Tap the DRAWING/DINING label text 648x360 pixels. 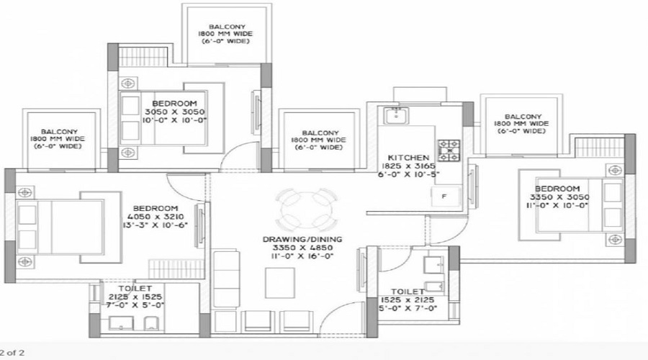[302, 239]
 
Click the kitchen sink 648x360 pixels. [396, 115]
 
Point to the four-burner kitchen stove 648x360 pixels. [449, 150]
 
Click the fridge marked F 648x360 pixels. [446, 197]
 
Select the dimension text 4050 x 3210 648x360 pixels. [156, 217]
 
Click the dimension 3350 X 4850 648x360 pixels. [303, 248]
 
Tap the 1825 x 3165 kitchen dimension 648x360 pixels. [408, 166]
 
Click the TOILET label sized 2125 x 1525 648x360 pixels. [135, 288]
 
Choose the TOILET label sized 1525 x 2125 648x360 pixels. [408, 292]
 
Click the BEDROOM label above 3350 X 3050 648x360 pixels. [557, 189]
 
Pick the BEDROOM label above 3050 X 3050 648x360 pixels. [174, 104]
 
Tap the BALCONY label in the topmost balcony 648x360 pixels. [227, 27]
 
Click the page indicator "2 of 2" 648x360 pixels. [12, 353]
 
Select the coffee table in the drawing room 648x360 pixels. [280, 283]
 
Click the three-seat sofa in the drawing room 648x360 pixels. [225, 278]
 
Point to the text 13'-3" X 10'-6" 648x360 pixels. [156, 225]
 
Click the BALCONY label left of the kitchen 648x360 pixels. [320, 133]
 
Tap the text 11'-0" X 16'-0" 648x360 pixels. [303, 256]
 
